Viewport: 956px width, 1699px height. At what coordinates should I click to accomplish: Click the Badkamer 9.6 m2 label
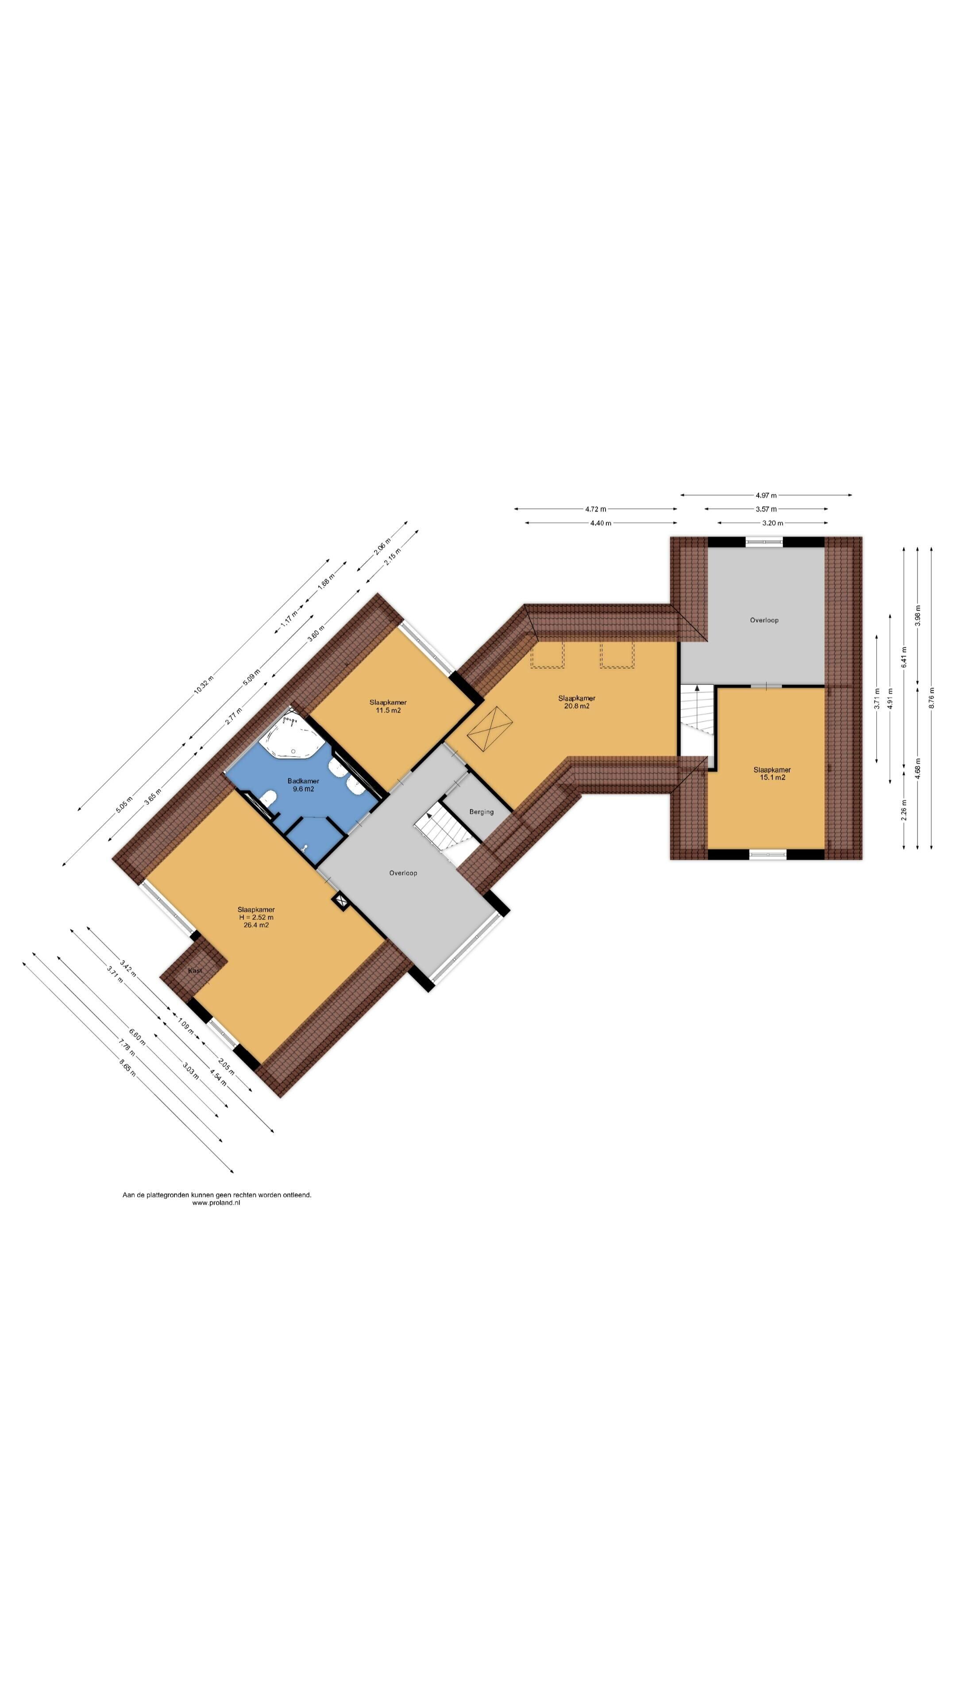click(x=303, y=785)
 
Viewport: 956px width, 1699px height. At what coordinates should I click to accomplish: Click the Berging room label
click(x=481, y=812)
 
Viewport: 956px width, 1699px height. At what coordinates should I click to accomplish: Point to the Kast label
click(x=195, y=971)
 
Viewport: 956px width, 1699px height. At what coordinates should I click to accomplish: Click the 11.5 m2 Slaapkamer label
click(x=388, y=707)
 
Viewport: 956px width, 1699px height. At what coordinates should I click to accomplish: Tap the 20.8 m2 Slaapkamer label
click(x=577, y=702)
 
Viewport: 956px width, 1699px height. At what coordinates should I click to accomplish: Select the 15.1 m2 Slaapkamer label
click(x=772, y=774)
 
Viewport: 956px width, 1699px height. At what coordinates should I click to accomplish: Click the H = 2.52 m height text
click(x=256, y=918)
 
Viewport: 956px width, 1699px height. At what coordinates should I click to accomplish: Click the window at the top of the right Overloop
click(x=765, y=542)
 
